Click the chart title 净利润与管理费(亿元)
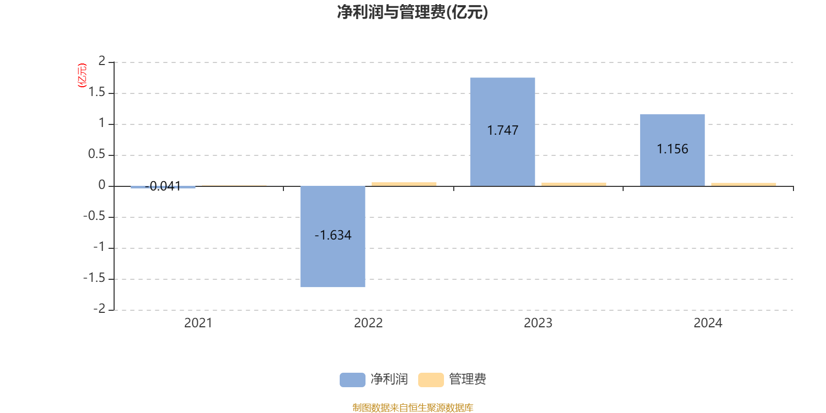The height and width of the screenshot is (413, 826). pyautogui.click(x=412, y=12)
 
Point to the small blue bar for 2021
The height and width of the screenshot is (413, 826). pyautogui.click(x=163, y=187)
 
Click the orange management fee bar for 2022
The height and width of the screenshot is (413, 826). pyautogui.click(x=404, y=184)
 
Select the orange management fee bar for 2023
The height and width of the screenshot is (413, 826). pyautogui.click(x=574, y=184)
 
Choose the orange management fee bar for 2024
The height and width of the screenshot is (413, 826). pyautogui.click(x=743, y=184)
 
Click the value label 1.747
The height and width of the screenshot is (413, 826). pyautogui.click(x=502, y=131)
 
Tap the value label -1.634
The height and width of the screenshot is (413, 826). pyautogui.click(x=333, y=235)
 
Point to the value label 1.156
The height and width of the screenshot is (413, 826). pyautogui.click(x=672, y=149)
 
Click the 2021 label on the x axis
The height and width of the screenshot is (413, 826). pyautogui.click(x=198, y=323)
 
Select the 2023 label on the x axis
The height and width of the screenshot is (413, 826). pyautogui.click(x=538, y=323)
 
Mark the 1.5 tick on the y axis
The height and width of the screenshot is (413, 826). pyautogui.click(x=97, y=92)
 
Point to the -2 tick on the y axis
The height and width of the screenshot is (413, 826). pyautogui.click(x=99, y=309)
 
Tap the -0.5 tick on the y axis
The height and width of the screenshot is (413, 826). pyautogui.click(x=94, y=216)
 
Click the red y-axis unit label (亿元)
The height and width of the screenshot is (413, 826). pyautogui.click(x=82, y=75)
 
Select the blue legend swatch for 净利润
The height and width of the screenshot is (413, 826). pyautogui.click(x=352, y=379)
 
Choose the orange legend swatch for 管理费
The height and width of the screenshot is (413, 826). pyautogui.click(x=431, y=379)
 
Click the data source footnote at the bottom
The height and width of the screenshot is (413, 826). pyautogui.click(x=412, y=408)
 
